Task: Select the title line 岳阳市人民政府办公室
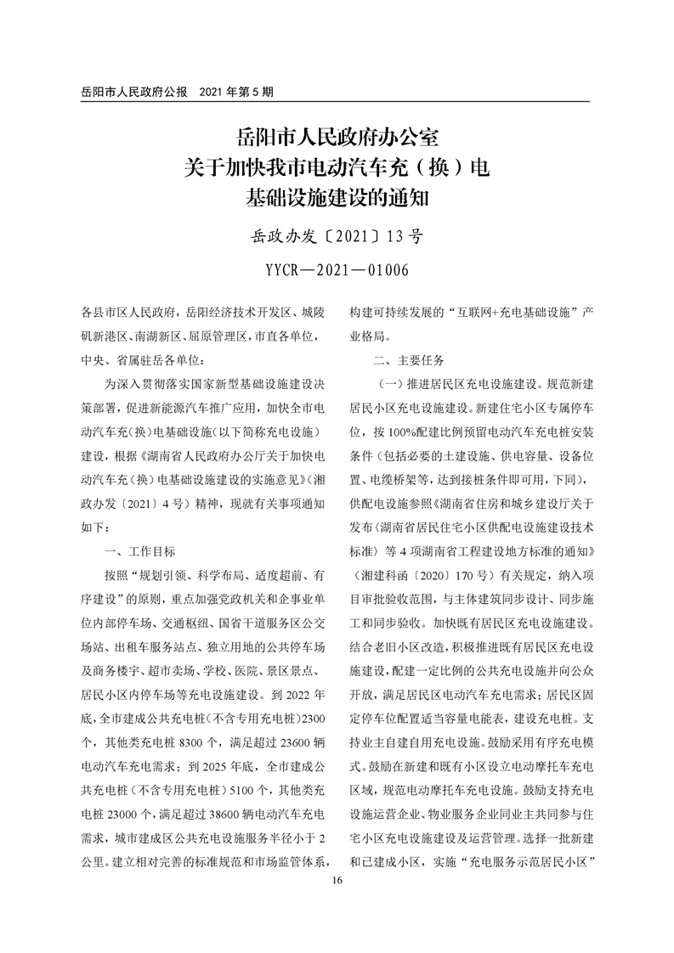coord(337,138)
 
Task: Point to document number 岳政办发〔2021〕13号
coord(337,236)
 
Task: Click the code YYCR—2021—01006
coord(337,270)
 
